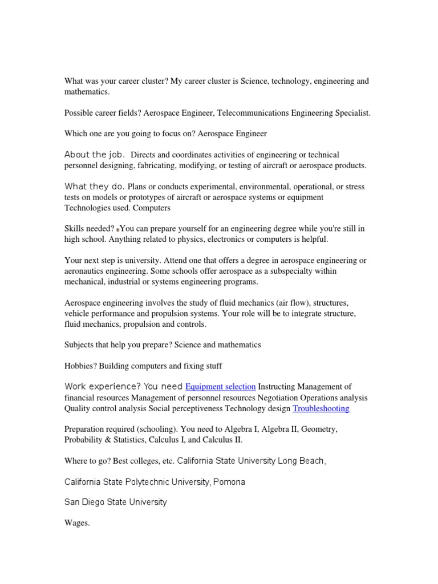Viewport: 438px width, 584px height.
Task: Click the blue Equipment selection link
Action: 220,387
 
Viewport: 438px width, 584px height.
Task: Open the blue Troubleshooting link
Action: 321,408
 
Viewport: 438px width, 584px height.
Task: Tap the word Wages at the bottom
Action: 77,523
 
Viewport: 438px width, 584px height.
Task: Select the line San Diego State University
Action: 116,502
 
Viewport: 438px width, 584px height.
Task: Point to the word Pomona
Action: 229,482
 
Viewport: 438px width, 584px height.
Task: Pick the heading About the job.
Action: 94,155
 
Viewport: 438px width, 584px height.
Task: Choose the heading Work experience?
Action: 99,387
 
